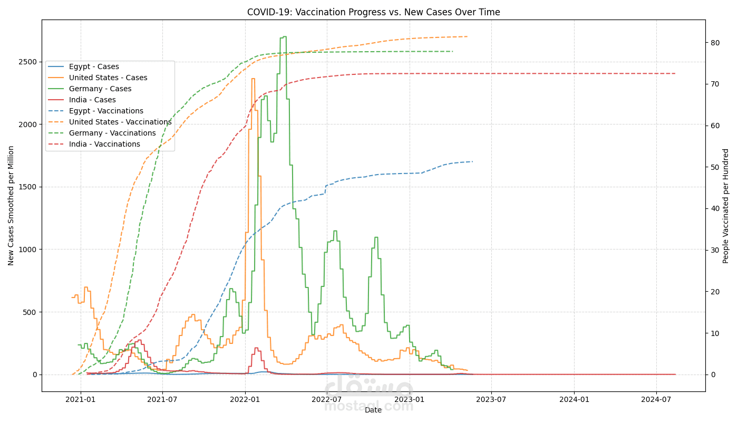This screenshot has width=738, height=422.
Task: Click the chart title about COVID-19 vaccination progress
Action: tap(373, 12)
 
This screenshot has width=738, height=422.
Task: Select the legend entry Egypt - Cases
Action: tap(94, 67)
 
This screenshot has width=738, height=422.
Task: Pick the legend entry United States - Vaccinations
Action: tap(120, 122)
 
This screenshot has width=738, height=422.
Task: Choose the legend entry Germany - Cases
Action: tap(100, 89)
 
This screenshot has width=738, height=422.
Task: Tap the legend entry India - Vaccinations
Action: tap(104, 145)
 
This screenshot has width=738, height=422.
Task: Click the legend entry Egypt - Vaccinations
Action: tap(106, 111)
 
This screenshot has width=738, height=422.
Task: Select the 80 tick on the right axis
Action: tap(715, 43)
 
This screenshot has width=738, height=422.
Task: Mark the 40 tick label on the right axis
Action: tap(715, 208)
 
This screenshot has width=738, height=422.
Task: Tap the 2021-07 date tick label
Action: tap(162, 399)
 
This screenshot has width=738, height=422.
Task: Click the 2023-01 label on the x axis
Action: tap(409, 399)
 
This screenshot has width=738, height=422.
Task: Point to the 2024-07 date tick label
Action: tap(656, 399)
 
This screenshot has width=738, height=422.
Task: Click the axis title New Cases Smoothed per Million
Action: tap(11, 206)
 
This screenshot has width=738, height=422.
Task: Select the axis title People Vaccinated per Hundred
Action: tap(726, 206)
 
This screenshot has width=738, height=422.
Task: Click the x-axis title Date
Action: tap(373, 410)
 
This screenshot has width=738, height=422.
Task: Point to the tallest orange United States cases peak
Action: tap(253, 79)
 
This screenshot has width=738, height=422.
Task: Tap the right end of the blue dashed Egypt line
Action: tap(472, 161)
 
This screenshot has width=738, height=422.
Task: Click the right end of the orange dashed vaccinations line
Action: tap(468, 36)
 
